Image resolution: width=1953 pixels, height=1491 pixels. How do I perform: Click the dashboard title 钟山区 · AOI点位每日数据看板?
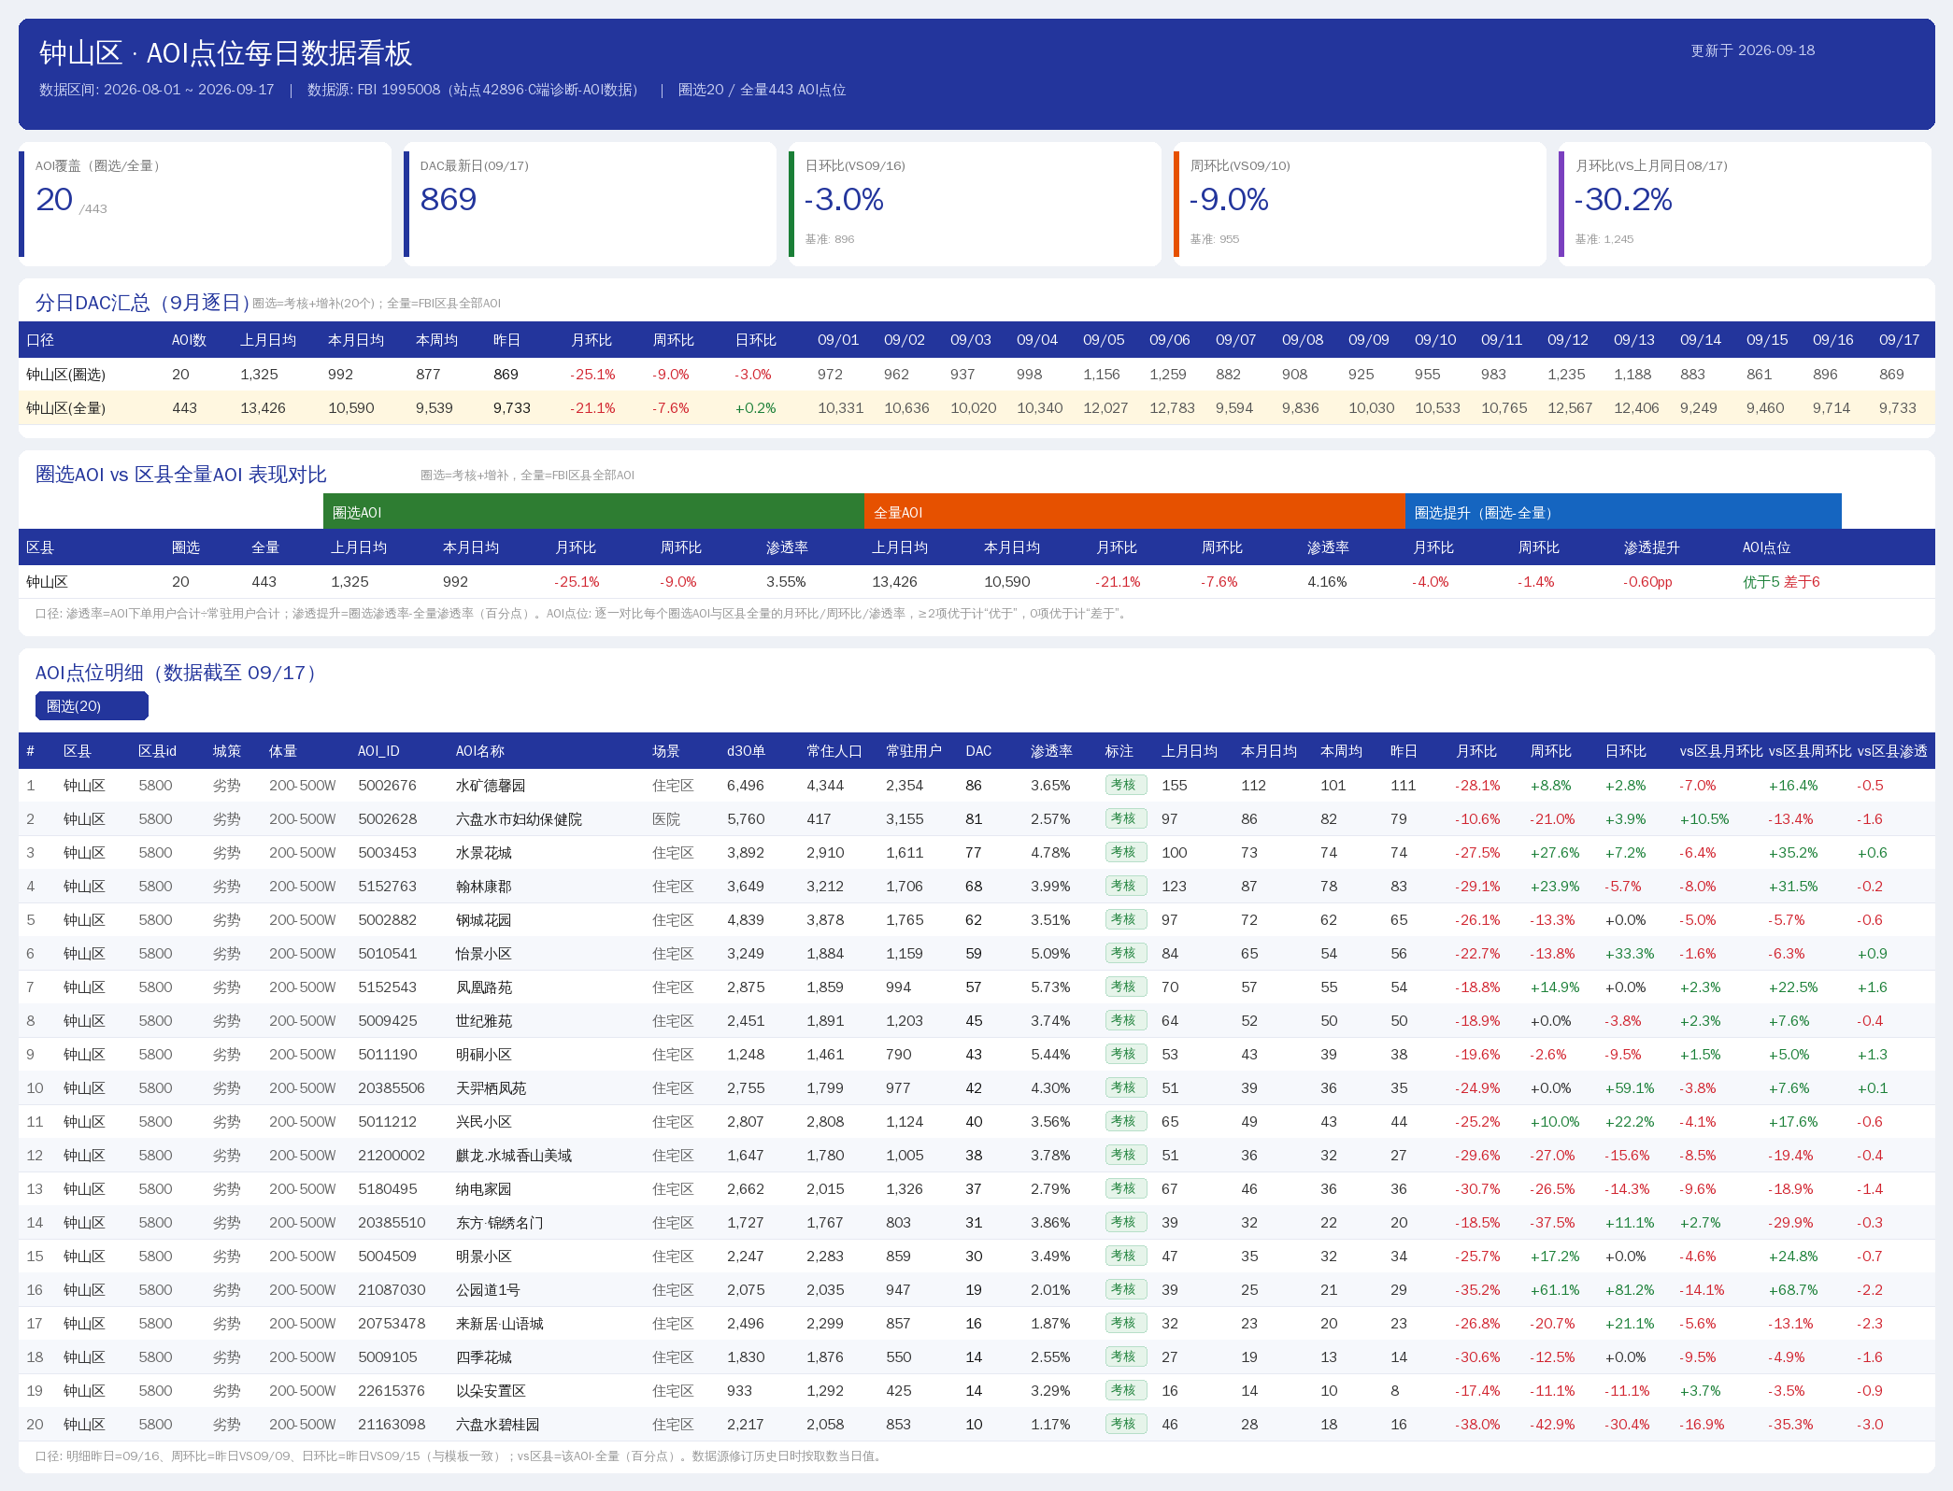pos(225,53)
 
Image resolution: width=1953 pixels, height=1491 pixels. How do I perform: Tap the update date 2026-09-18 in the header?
pos(1776,50)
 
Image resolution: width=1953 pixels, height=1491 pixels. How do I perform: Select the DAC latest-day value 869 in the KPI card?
pos(449,199)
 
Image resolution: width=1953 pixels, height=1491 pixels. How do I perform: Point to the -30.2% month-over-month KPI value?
pos(1623,199)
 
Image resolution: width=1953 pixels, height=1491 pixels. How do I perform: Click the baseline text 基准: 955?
pos(1215,239)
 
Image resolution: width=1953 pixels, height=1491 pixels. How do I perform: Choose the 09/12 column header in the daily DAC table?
pos(1567,340)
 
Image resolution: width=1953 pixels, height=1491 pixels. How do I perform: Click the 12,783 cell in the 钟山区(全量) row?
pos(1172,408)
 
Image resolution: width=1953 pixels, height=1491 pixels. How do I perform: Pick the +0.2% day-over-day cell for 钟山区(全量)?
pos(755,408)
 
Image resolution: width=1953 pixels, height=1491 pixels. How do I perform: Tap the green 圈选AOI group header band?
pos(593,512)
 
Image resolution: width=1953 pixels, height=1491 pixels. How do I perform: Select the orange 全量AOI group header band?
pos(1134,512)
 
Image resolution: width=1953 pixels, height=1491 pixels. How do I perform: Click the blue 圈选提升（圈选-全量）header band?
pos(1623,512)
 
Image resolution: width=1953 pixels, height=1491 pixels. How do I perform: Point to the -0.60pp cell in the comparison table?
pos(1647,582)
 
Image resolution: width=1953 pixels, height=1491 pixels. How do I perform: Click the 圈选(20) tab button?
pos(92,706)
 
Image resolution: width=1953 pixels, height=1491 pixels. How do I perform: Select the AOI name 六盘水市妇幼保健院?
pos(519,819)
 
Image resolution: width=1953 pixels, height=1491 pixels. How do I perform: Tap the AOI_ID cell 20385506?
pos(392,1088)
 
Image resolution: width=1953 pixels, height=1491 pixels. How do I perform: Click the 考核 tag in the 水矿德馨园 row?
pos(1124,785)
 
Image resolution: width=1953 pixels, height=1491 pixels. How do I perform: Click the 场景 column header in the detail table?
pos(666,751)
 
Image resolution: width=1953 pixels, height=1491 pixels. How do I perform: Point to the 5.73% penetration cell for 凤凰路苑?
pos(1050,987)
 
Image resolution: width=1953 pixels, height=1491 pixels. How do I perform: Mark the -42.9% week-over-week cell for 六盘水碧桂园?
pos(1552,1425)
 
